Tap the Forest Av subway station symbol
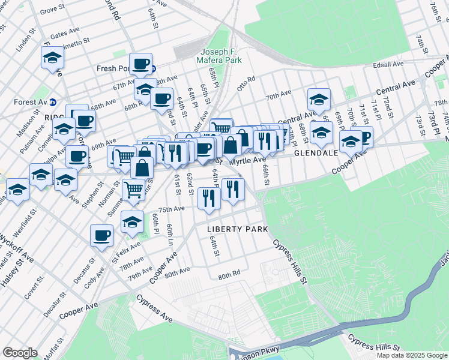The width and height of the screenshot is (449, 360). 52,101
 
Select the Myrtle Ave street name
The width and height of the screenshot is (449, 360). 247,160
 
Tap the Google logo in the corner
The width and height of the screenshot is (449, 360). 20,353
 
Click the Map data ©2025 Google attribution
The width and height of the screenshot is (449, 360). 411,355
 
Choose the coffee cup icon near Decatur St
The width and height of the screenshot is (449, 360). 102,235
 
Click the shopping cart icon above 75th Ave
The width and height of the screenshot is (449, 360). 133,190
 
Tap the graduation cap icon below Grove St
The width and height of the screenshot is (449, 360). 52,58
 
